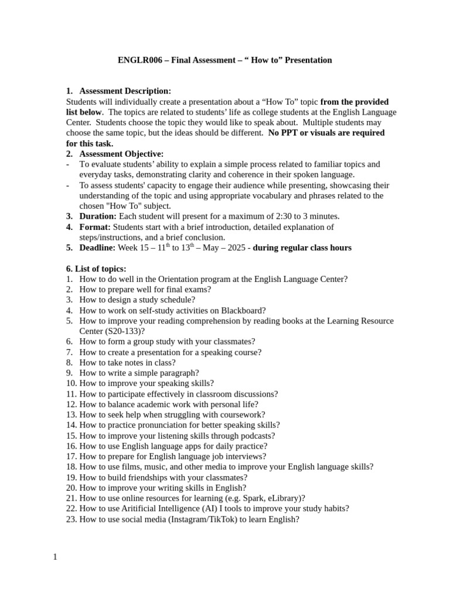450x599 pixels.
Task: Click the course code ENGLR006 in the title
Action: (x=139, y=60)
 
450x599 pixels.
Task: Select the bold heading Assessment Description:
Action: (x=125, y=91)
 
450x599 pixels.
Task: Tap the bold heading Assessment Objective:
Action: (x=121, y=154)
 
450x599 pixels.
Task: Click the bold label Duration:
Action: (x=98, y=216)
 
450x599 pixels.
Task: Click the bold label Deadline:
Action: (x=97, y=248)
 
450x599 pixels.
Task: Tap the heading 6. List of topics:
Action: (x=96, y=268)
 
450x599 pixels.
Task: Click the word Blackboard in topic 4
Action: (x=243, y=311)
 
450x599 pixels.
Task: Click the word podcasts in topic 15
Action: (x=256, y=436)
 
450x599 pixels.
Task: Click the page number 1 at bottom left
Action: (x=55, y=557)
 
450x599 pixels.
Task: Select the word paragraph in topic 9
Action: (x=179, y=373)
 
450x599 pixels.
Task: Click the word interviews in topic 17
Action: (x=246, y=456)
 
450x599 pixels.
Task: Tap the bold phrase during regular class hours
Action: (x=302, y=248)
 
